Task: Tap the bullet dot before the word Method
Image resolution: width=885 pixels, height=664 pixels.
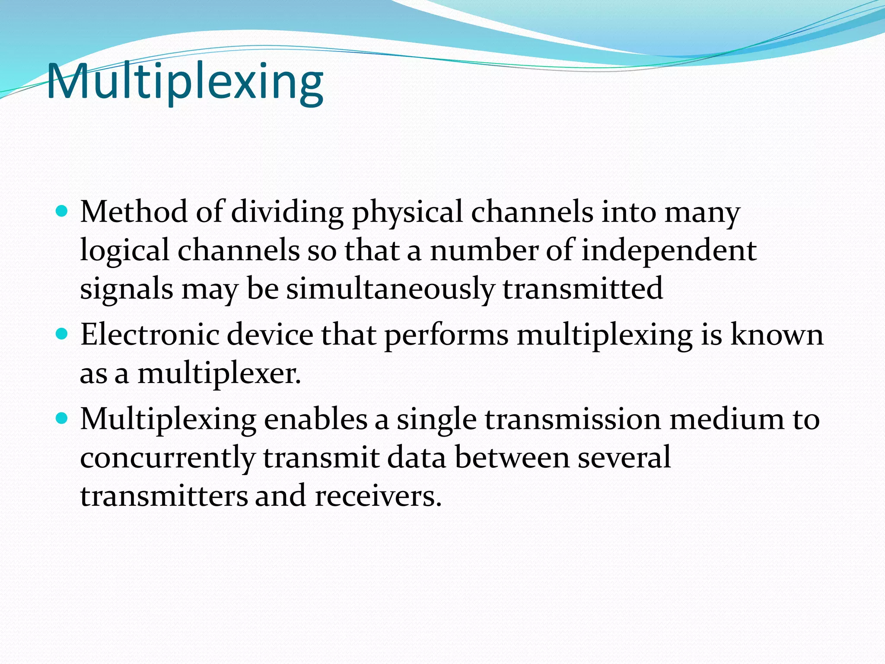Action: pos(62,211)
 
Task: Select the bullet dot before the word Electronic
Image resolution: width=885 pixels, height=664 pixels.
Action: pos(62,334)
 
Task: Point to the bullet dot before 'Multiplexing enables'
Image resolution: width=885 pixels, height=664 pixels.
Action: pos(62,418)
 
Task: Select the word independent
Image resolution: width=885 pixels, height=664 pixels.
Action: pos(669,251)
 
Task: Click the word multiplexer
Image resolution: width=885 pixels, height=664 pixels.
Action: pos(219,373)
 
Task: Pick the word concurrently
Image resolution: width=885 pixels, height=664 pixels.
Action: pos(168,457)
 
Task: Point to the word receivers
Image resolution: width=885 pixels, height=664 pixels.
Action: pos(378,496)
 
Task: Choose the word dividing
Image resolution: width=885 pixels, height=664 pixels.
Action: pos(287,213)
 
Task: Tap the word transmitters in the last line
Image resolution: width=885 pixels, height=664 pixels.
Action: pos(164,496)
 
